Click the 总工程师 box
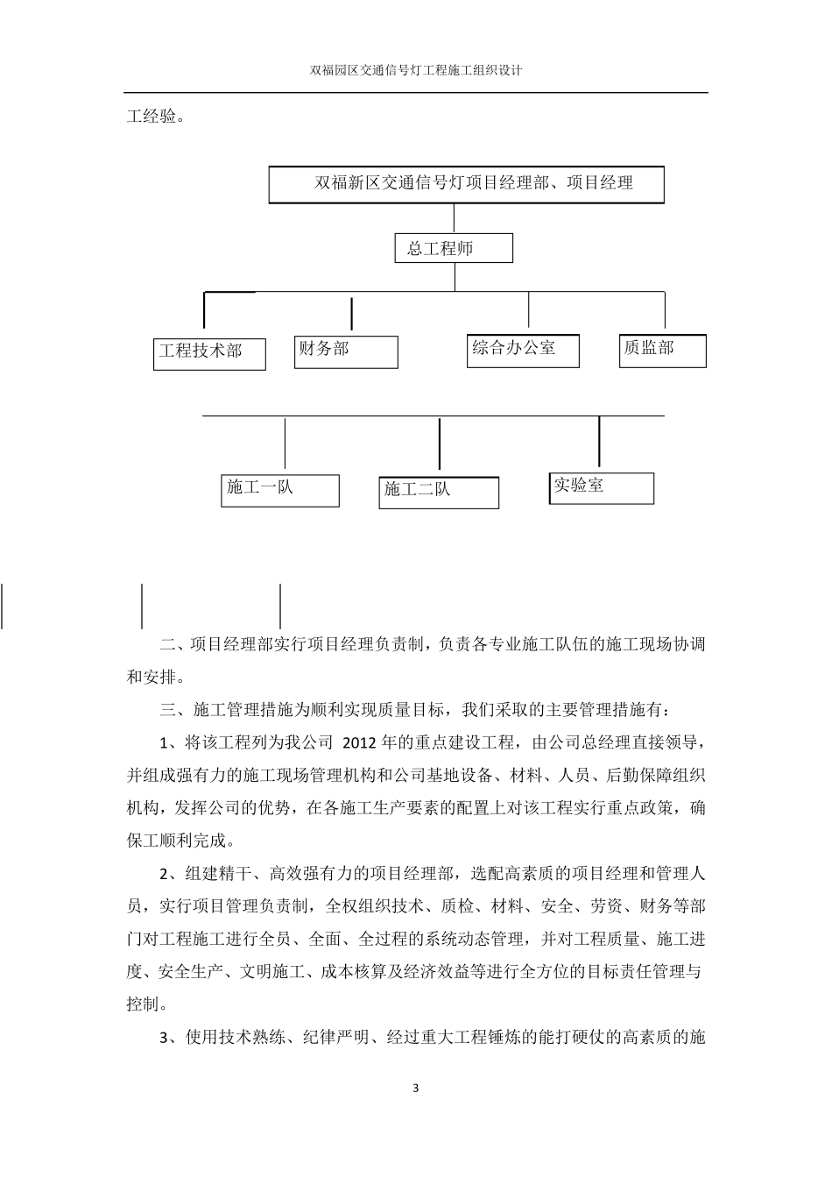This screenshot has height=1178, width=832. click(x=453, y=248)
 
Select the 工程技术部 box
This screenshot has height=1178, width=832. click(x=209, y=352)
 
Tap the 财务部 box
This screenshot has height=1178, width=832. click(x=346, y=351)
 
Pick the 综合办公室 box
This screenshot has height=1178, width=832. click(x=523, y=349)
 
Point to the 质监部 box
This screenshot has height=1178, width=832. click(x=662, y=349)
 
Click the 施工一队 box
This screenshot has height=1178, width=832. click(x=279, y=490)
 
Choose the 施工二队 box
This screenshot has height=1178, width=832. click(x=439, y=492)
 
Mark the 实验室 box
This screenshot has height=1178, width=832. click(x=602, y=487)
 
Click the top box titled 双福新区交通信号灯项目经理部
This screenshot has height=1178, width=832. click(x=466, y=184)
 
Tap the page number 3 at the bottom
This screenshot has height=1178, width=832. click(x=416, y=1089)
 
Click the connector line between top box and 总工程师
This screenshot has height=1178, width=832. click(x=454, y=218)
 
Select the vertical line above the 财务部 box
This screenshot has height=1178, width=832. click(x=352, y=314)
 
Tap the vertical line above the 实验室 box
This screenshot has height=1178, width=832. click(x=599, y=442)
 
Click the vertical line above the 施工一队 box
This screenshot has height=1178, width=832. click(x=285, y=444)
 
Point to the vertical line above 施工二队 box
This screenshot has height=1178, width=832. click(x=440, y=444)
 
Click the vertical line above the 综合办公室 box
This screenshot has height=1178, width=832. click(x=528, y=309)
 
